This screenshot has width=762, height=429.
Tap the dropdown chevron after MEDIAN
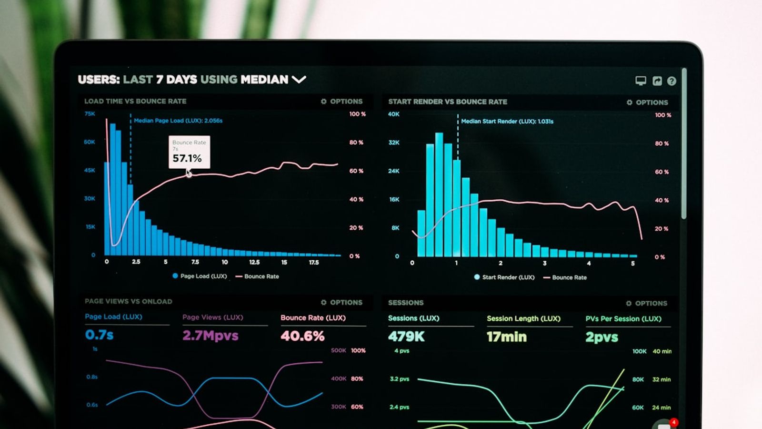pyautogui.click(x=299, y=79)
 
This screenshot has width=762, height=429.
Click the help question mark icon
pyautogui.click(x=672, y=81)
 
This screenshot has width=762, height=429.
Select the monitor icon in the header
pyautogui.click(x=641, y=81)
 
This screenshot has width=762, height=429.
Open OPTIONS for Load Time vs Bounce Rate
pyautogui.click(x=342, y=101)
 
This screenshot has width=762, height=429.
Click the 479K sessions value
pyautogui.click(x=406, y=337)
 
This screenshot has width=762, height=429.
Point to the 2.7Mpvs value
pyautogui.click(x=210, y=336)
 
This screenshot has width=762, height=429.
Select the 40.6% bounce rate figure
pyautogui.click(x=302, y=336)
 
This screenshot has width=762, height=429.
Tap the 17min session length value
pyautogui.click(x=506, y=337)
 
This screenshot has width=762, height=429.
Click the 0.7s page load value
pyautogui.click(x=99, y=335)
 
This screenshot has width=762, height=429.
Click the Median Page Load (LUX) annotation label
pyautogui.click(x=178, y=121)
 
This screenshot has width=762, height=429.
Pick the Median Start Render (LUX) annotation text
pyautogui.click(x=507, y=122)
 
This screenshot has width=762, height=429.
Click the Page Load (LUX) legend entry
pyautogui.click(x=200, y=276)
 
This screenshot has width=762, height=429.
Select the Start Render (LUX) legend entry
pyautogui.click(x=504, y=277)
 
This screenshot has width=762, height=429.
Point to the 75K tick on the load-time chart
pyautogui.click(x=90, y=113)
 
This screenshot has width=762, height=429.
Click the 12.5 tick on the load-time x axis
pyautogui.click(x=254, y=262)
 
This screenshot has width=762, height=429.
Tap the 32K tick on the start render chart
pyautogui.click(x=394, y=143)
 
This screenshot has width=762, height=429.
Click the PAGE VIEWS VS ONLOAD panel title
pyautogui.click(x=129, y=301)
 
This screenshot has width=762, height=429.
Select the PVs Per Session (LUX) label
pyautogui.click(x=623, y=318)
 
